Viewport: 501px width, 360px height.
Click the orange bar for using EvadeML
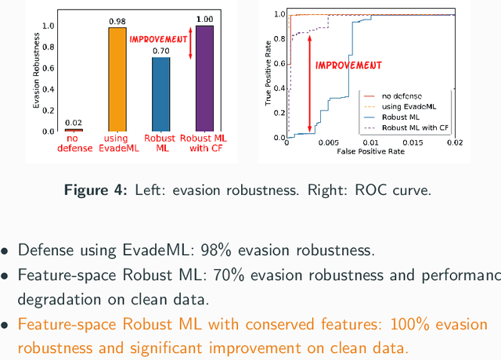click(x=117, y=80)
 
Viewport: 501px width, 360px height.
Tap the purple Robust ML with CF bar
click(x=204, y=78)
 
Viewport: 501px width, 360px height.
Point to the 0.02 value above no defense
click(x=74, y=123)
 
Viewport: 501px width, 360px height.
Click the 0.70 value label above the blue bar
click(x=160, y=51)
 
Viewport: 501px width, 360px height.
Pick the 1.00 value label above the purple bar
click(x=204, y=20)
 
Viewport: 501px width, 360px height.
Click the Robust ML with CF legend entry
click(x=415, y=127)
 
